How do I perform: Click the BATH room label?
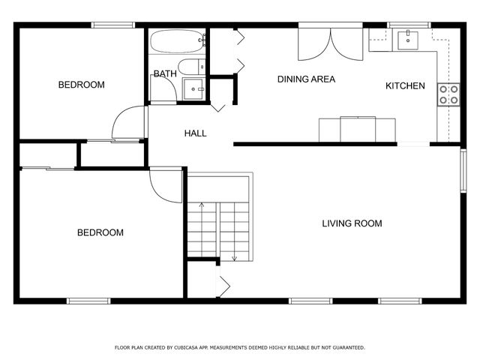(165, 73)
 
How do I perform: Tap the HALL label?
(196, 133)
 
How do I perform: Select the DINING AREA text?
(306, 79)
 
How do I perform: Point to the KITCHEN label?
(405, 86)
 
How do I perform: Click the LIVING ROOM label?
(352, 223)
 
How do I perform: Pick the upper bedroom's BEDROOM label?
(81, 85)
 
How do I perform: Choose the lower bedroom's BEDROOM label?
(100, 232)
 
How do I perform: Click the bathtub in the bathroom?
(177, 40)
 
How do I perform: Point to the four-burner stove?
(448, 94)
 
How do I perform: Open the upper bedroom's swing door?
(130, 123)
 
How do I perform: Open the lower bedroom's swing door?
(165, 184)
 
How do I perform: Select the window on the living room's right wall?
(463, 172)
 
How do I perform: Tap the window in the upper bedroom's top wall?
(112, 25)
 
